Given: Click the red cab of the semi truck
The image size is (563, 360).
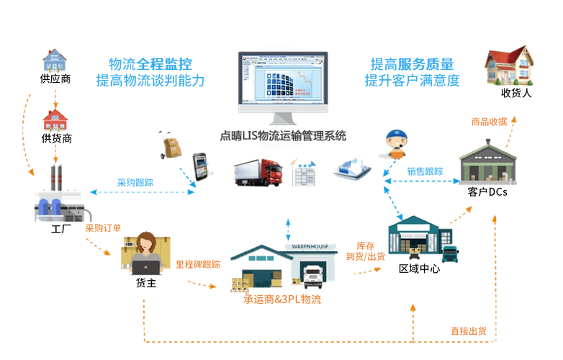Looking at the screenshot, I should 271,174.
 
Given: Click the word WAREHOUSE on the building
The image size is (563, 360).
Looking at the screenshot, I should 315,246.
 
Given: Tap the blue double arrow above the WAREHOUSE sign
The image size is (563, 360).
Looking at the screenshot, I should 289,228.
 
